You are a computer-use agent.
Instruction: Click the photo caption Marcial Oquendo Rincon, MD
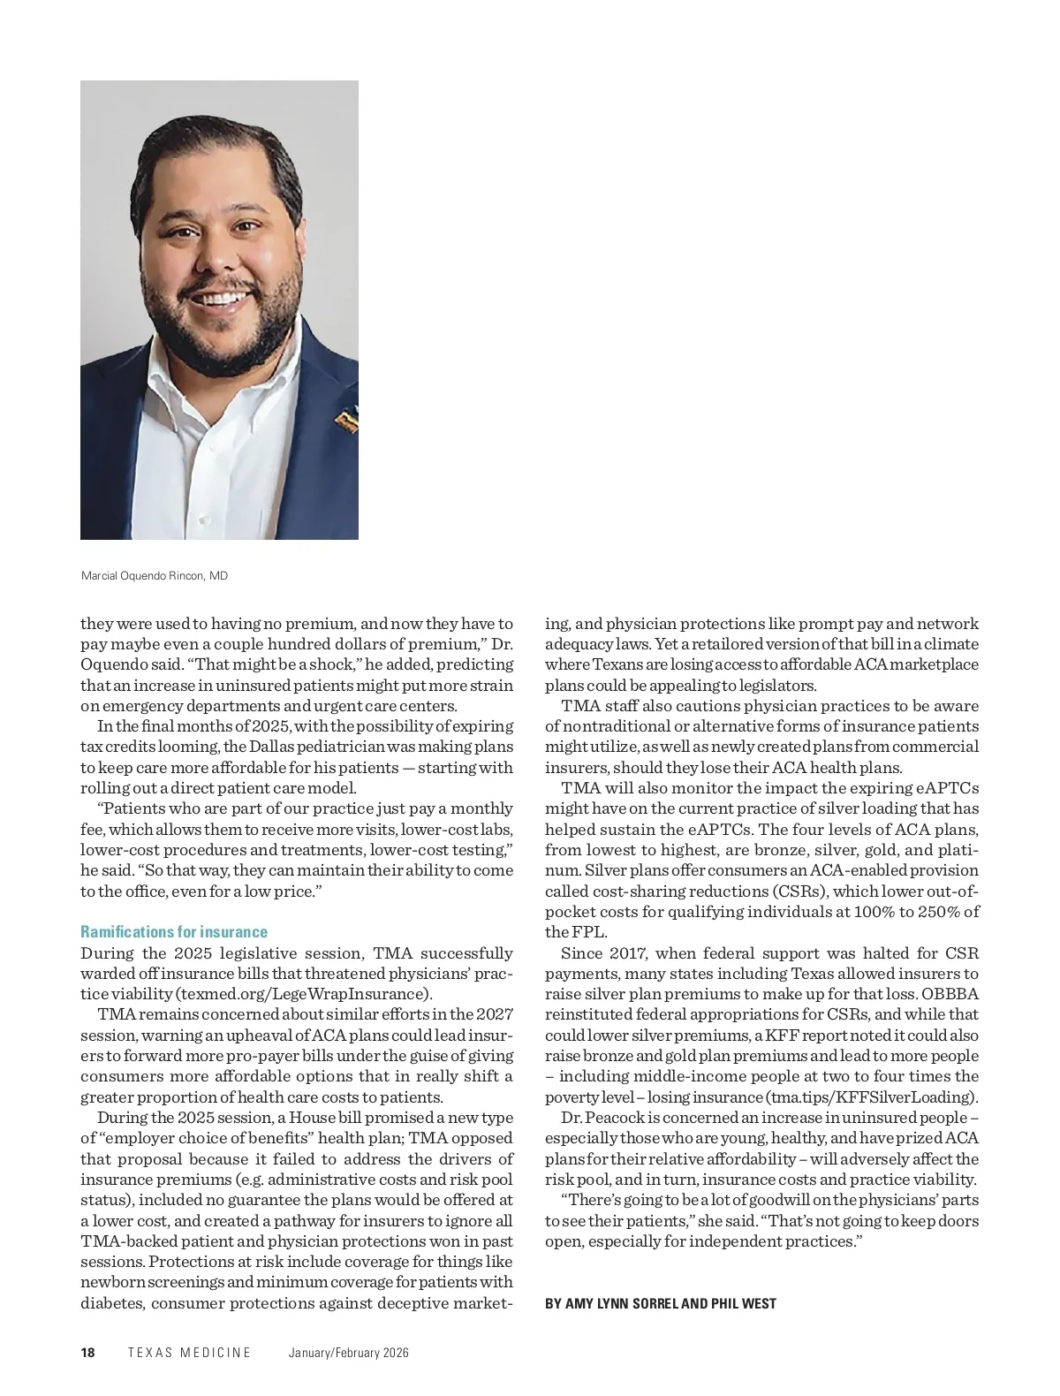tap(155, 576)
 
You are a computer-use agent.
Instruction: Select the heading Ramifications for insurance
tap(174, 932)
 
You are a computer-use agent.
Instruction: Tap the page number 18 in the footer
tap(87, 1353)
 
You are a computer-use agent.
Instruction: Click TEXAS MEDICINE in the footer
tap(190, 1353)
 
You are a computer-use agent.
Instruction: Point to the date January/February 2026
tap(349, 1353)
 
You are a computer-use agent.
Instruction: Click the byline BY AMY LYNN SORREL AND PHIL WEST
tap(661, 1303)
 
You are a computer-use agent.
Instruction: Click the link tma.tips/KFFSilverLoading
tap(871, 1097)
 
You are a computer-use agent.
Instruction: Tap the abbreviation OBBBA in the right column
tap(950, 994)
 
